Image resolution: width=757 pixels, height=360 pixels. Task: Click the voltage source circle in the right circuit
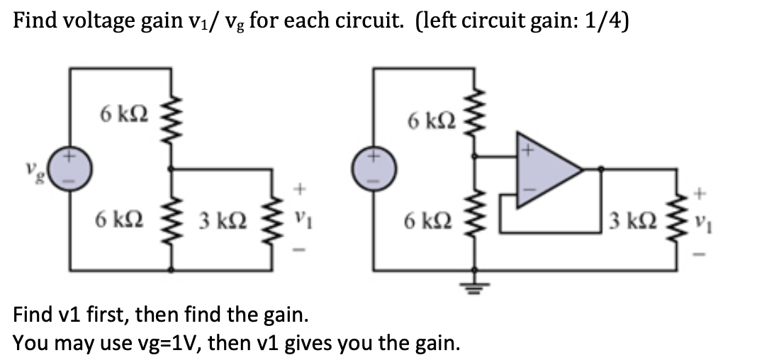375,169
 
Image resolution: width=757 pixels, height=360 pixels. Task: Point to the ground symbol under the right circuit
471,288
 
